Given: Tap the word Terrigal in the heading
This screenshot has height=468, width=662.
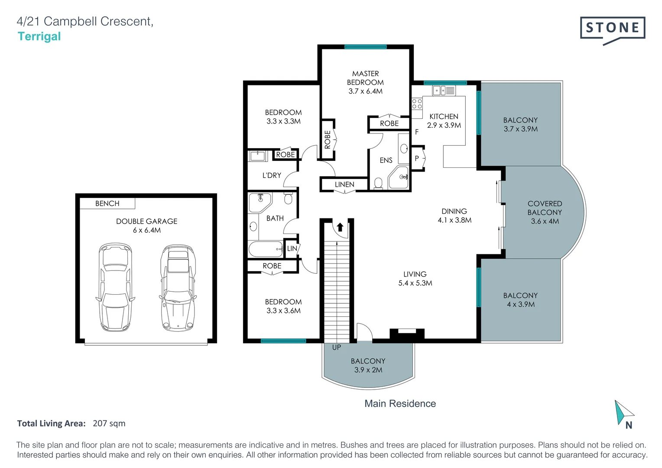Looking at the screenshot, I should pos(39,36).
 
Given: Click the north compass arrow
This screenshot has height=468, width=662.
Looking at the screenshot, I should pos(622,412).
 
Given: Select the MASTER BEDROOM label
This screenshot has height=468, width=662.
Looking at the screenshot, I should pos(365,78).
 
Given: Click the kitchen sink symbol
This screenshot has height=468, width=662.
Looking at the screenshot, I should pos(444,91).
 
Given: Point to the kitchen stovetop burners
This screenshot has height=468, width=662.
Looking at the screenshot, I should pos(417,104).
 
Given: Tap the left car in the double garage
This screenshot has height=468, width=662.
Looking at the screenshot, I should pos(115,287).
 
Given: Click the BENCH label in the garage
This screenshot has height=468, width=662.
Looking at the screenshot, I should pos(107,204).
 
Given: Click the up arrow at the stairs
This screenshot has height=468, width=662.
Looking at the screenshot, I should pos(340,227).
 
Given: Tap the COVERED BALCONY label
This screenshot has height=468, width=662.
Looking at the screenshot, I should pos(545,208).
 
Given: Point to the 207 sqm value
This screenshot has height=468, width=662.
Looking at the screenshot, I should pos(109,423).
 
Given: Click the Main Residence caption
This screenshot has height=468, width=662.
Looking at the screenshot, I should pos(400,403).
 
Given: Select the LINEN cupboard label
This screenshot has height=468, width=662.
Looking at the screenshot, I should pos(344,185).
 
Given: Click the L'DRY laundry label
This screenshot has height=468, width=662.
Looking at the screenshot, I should pos(272,175).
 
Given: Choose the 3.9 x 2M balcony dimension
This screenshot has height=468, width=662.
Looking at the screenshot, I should pos(368,370).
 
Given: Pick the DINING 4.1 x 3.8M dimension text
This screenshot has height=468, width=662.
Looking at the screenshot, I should pos(454,220).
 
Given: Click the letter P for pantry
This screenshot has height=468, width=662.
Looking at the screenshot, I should pos(417,159).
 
